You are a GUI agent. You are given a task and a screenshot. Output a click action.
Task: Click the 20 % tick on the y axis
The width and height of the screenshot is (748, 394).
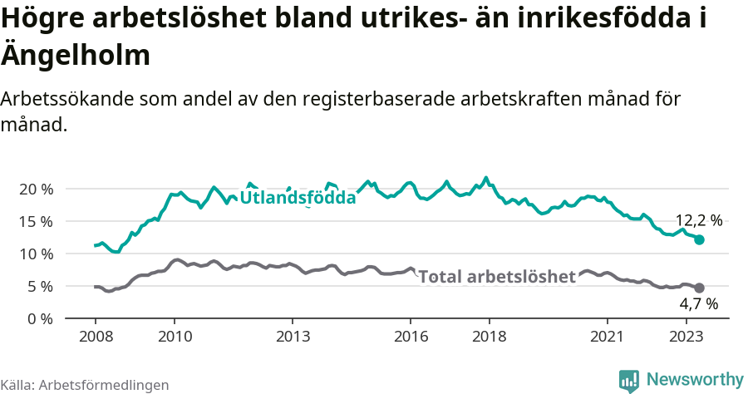(x=35, y=189)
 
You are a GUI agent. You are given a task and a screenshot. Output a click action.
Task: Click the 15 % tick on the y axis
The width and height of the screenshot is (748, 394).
(x=35, y=221)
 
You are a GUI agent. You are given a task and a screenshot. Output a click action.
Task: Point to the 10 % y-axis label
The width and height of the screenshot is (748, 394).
(x=35, y=254)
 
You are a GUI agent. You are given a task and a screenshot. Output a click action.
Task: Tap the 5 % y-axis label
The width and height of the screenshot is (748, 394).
(x=39, y=286)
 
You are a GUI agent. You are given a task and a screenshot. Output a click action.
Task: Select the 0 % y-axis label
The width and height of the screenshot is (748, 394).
(x=39, y=318)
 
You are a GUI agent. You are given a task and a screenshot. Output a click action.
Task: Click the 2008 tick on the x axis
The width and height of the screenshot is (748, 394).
(x=95, y=337)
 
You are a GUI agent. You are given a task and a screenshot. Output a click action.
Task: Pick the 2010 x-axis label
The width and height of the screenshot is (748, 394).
(x=174, y=337)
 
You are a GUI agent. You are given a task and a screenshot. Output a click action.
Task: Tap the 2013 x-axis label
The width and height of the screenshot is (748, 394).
(x=293, y=337)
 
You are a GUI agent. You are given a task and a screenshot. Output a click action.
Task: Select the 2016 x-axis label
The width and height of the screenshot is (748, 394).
(x=411, y=337)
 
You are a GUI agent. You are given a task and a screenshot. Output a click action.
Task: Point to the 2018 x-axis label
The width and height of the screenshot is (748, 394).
(x=490, y=337)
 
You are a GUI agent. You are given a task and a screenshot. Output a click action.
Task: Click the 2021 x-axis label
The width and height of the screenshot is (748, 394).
(x=608, y=337)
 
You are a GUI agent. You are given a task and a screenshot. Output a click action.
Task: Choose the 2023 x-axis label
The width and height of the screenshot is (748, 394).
(x=686, y=337)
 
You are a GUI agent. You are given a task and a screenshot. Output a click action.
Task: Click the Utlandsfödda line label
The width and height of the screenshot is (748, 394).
(x=298, y=198)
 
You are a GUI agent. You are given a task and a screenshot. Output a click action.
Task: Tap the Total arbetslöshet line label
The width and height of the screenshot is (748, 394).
(x=497, y=277)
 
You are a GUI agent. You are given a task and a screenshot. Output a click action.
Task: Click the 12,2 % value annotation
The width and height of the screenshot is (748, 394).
(x=698, y=220)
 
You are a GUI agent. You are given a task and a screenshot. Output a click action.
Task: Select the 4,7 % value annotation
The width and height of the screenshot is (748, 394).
(x=698, y=305)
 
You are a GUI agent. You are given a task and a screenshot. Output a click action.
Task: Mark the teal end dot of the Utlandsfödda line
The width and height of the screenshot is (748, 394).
(x=699, y=239)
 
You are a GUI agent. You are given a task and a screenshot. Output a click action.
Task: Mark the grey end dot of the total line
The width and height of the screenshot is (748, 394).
(x=699, y=288)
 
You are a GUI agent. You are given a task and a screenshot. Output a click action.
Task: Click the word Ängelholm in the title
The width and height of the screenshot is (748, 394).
(x=76, y=56)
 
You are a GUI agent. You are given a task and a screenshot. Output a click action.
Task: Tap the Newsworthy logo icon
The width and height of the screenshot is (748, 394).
(x=629, y=381)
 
